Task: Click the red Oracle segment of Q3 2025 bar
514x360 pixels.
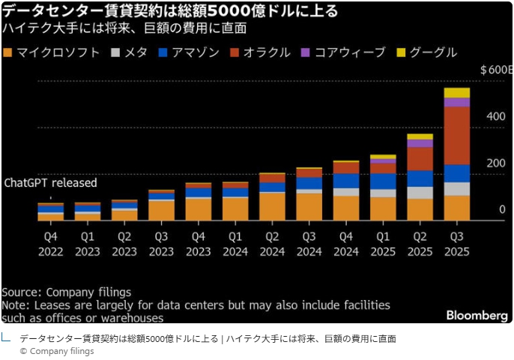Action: pos(456,135)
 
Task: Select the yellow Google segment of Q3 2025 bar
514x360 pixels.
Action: pos(456,93)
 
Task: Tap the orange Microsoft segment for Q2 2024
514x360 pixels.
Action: pos(273,206)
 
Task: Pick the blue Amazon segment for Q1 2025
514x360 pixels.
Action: pos(383,181)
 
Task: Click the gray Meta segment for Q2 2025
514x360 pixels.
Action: pos(420,193)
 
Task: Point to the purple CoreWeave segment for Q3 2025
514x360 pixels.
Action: pos(456,102)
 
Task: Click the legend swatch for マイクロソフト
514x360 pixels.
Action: pos(8,52)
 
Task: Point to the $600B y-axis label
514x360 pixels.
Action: pos(496,70)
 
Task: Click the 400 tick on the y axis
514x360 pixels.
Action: pos(495,117)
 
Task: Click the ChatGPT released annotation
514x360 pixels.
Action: pos(51,183)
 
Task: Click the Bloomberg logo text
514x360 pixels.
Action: pos(477,316)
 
